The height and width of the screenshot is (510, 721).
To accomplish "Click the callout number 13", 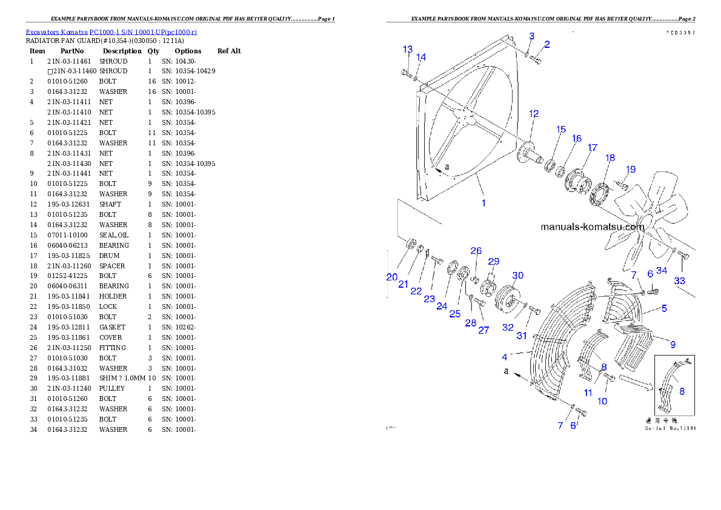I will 408,49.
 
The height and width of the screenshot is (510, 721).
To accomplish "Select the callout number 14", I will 421,57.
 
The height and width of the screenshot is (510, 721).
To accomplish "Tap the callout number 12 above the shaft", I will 534,113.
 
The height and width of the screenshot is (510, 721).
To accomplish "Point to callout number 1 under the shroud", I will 483,203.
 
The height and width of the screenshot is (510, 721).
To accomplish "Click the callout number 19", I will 631,170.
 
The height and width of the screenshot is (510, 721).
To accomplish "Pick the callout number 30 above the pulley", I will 517,276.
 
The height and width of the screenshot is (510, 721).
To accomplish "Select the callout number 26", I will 476,251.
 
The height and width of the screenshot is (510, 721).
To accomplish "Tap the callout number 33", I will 680,281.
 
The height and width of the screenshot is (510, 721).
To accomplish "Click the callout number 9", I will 673,344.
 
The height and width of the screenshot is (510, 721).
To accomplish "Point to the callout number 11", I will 588,392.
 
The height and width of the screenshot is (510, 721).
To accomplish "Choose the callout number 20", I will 392,277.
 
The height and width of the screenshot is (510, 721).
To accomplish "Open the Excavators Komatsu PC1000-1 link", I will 111,31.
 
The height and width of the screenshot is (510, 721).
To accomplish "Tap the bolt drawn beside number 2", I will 537,59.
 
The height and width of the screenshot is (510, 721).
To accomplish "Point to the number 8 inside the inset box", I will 682,391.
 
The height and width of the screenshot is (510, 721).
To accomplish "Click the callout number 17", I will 592,148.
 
